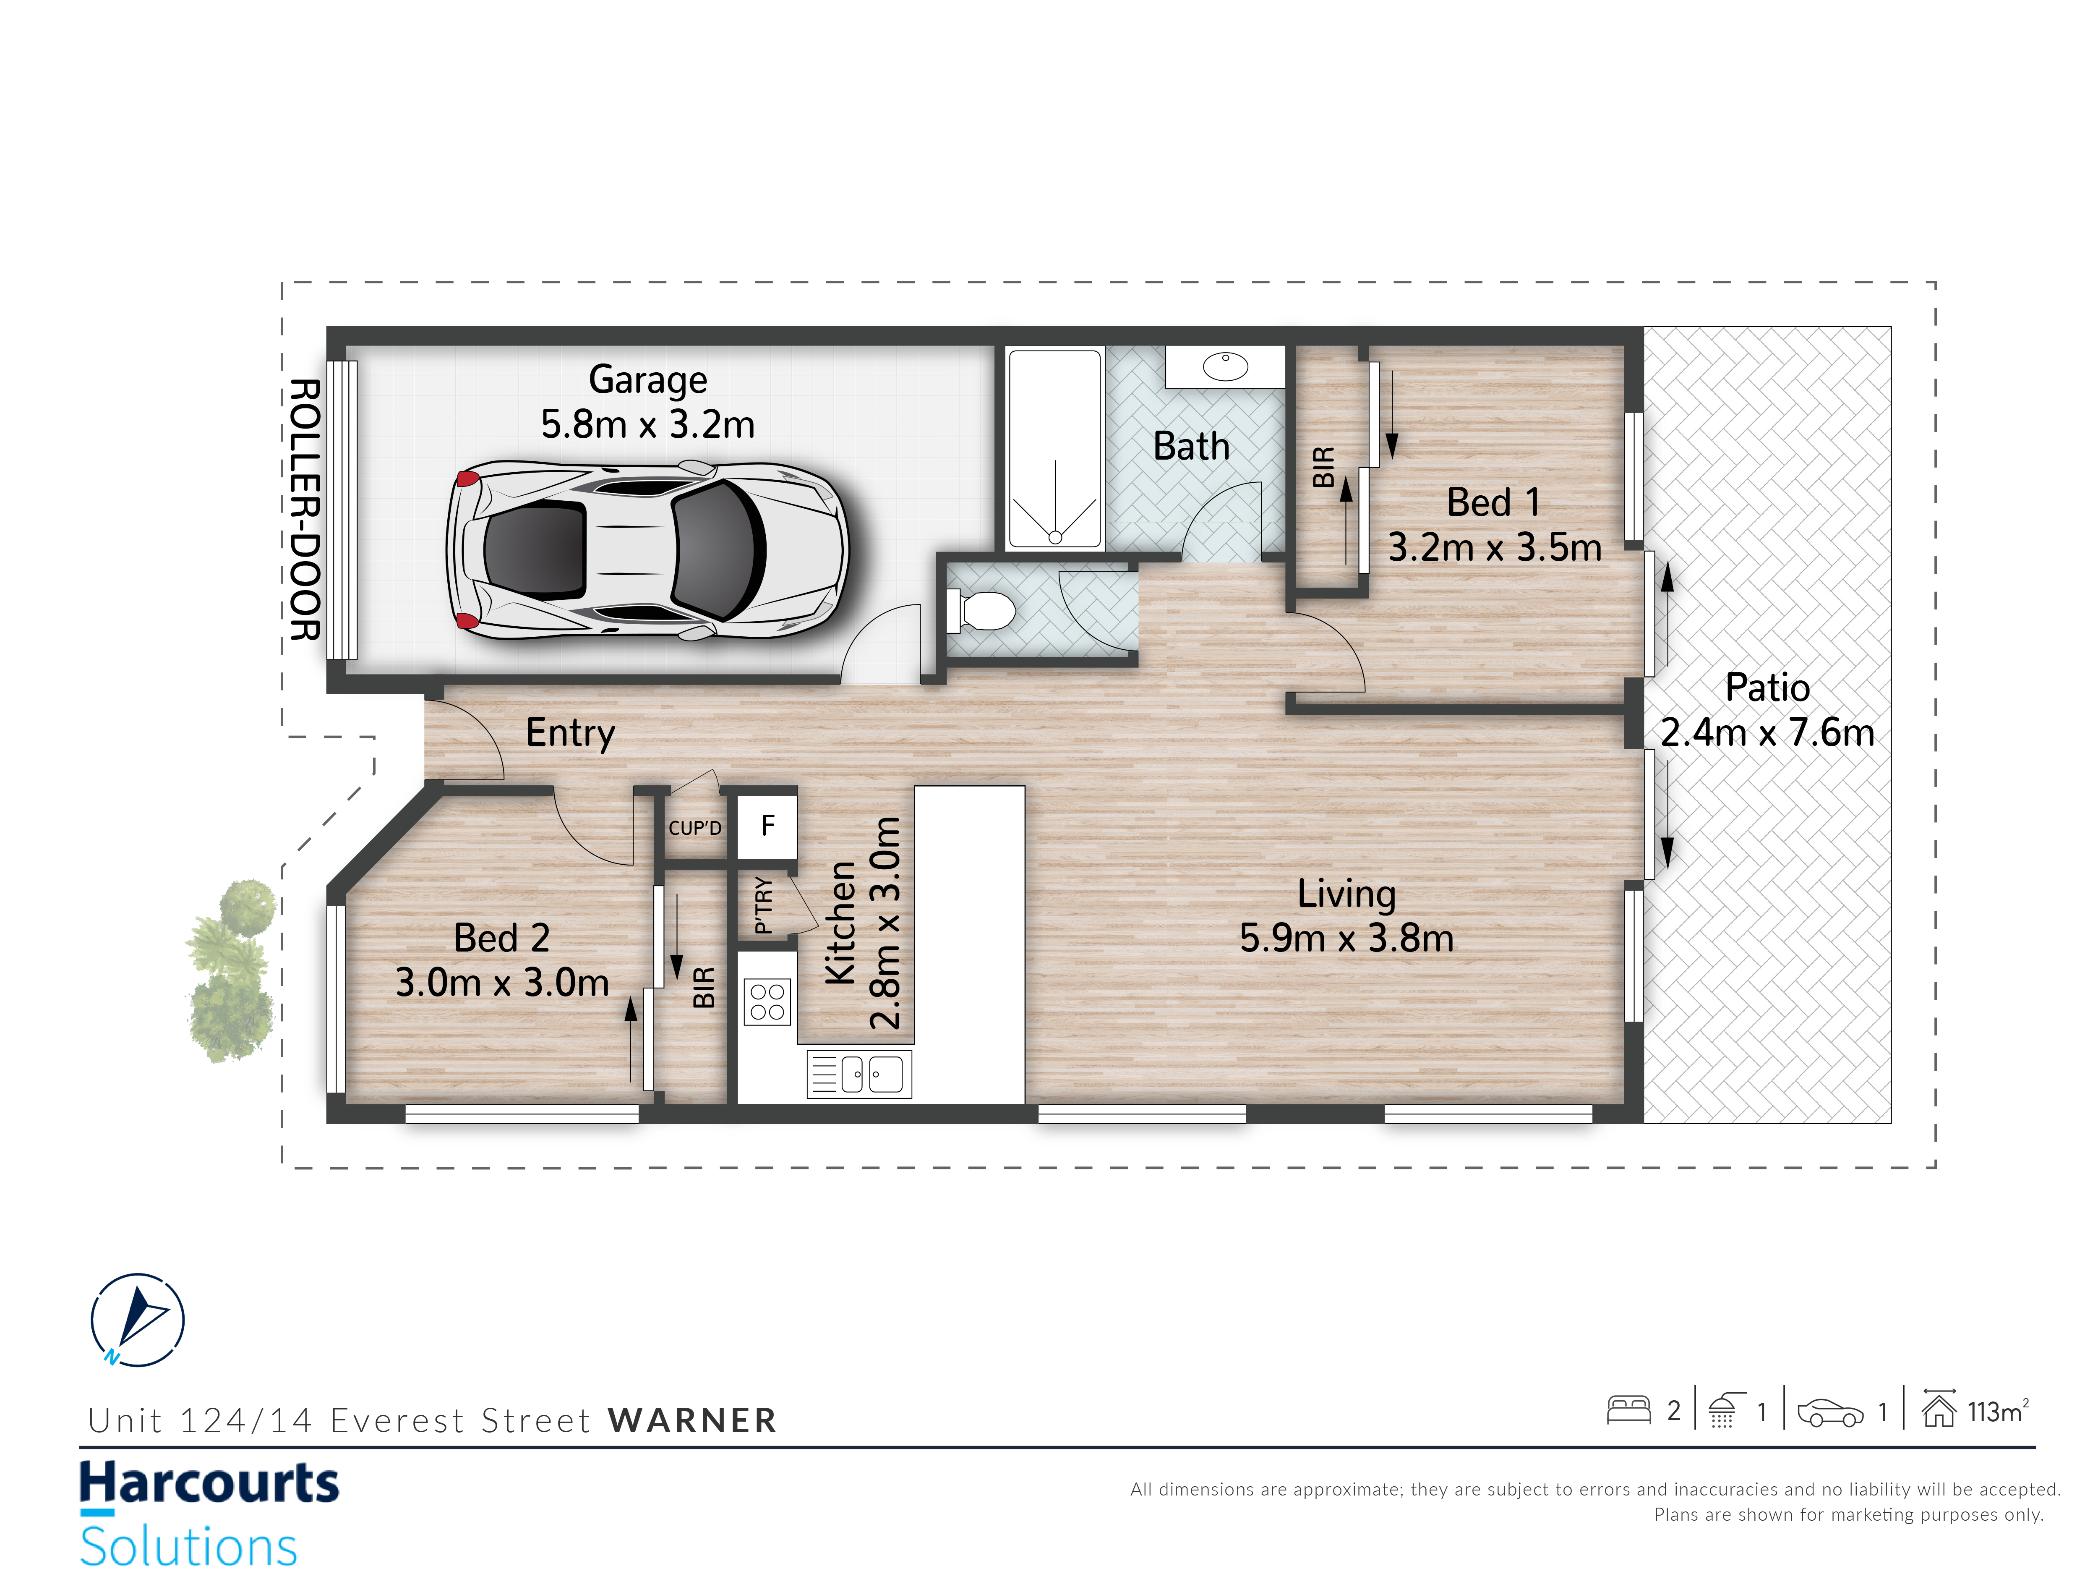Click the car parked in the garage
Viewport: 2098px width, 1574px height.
point(647,550)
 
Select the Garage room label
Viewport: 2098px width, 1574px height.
point(648,379)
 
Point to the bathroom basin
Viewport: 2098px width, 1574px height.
point(1225,366)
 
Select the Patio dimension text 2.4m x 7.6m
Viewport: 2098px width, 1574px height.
point(1767,732)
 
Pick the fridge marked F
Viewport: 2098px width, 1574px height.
point(767,826)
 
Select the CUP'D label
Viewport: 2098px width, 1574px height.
point(695,828)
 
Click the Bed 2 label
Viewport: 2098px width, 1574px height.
point(502,939)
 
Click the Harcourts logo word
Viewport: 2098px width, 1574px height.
point(209,1483)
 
